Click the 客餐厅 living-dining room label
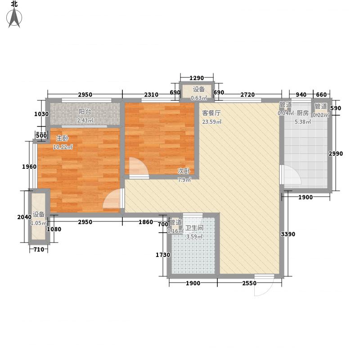[x=211, y=113]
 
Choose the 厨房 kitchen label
[x=302, y=113]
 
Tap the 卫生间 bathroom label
[x=194, y=228]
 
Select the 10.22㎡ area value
[x=63, y=147]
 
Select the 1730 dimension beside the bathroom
[x=163, y=255]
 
